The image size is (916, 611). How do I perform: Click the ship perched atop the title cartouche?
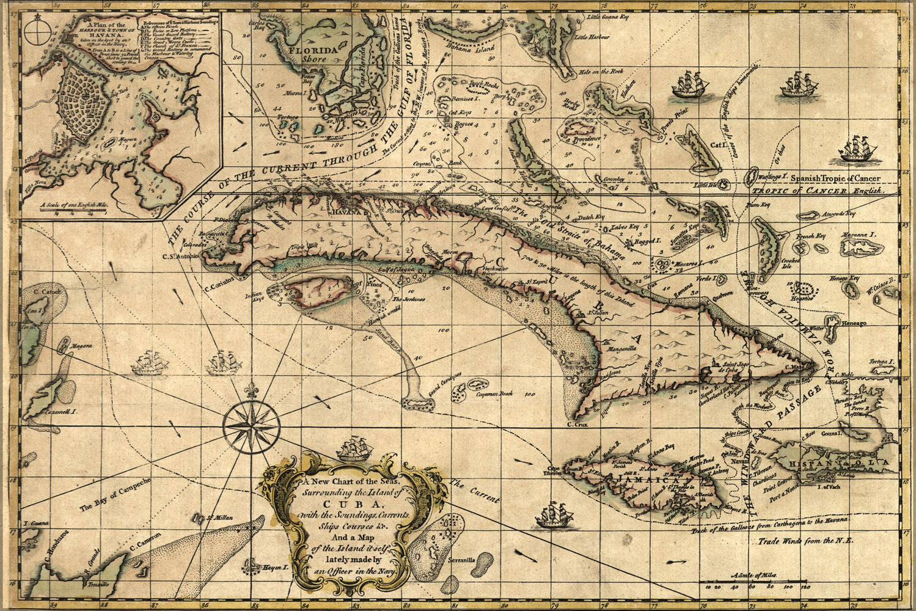pyautogui.click(x=355, y=449)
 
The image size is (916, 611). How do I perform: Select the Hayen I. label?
pyautogui.click(x=274, y=568)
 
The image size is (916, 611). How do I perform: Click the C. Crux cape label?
pyautogui.click(x=577, y=423)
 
